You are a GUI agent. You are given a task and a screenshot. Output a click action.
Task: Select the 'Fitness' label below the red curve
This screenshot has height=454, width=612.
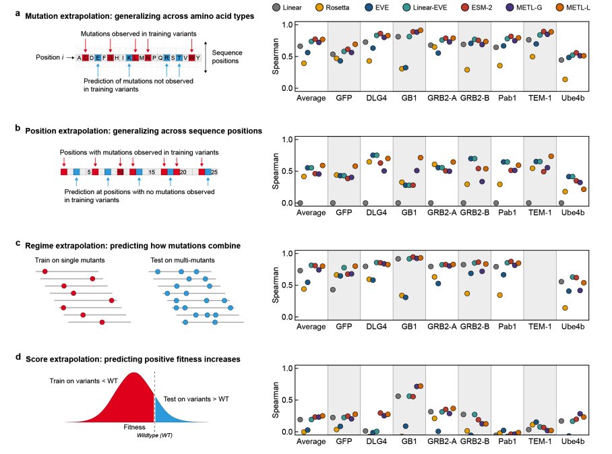(134, 427)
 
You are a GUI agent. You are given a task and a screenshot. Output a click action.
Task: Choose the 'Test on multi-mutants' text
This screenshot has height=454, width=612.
(181, 260)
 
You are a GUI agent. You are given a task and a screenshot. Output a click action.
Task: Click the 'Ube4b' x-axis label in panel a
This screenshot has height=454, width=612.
(573, 98)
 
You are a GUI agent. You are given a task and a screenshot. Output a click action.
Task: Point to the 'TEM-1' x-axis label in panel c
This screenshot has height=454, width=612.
(540, 327)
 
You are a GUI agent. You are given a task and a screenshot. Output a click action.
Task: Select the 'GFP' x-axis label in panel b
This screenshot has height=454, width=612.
(344, 213)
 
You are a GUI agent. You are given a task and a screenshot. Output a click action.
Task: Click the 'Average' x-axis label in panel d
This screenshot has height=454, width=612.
(311, 442)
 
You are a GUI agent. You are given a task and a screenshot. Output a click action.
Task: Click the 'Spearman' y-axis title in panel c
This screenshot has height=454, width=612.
(276, 285)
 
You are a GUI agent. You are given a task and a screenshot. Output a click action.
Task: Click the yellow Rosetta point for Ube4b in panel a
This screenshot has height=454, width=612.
(565, 79)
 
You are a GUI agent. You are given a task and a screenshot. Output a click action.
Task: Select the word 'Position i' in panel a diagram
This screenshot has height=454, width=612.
(51, 57)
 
